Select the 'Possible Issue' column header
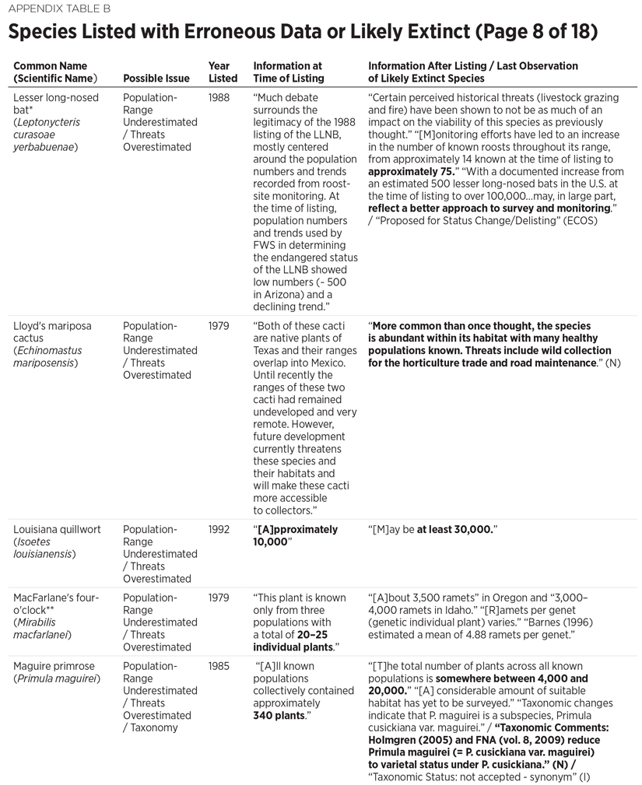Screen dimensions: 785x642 [156, 79]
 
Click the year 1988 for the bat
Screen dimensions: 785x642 [219, 98]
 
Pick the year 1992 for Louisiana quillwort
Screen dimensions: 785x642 [219, 530]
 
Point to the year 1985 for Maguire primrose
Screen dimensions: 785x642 [219, 667]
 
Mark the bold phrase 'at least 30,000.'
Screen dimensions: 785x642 [455, 530]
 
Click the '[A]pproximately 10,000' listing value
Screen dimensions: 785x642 [296, 536]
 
